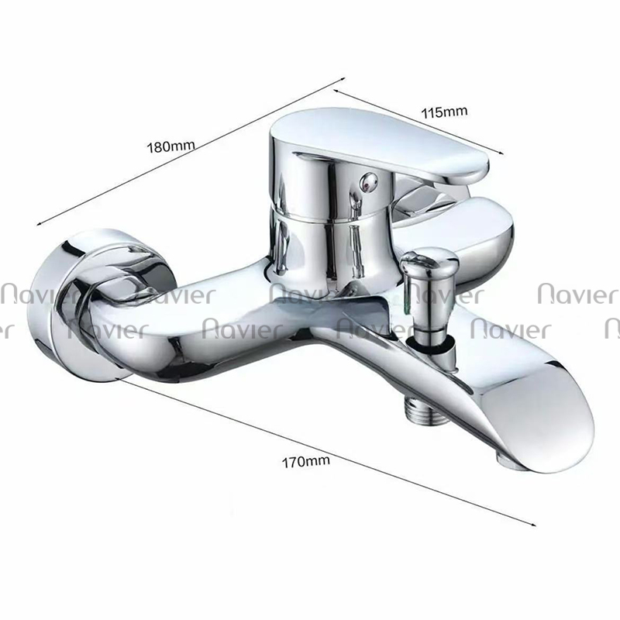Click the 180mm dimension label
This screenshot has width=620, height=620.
tap(170, 146)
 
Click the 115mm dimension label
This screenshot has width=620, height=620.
tap(444, 112)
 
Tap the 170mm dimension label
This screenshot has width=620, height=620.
tap(305, 461)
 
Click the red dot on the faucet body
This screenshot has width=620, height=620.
tap(367, 181)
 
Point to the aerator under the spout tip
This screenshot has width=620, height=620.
tap(508, 460)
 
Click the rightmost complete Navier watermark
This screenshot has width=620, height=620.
tap(577, 294)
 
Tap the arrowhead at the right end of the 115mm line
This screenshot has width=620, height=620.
tap(501, 153)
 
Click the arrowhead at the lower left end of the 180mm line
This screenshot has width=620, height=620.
tap(40, 222)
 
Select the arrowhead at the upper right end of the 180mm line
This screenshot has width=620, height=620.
tap(343, 79)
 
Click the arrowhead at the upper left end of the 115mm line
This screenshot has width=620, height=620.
tap(337, 91)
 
